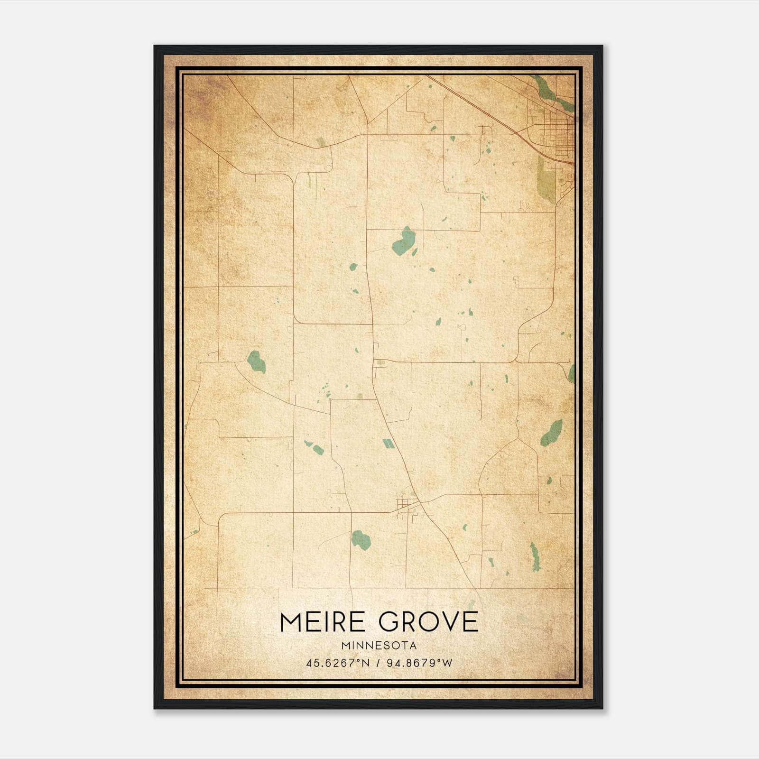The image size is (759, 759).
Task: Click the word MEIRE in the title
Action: click(x=323, y=622)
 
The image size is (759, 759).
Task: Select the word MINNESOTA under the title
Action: click(x=379, y=646)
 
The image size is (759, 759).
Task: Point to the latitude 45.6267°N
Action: click(x=337, y=663)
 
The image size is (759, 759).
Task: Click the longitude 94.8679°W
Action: click(x=420, y=663)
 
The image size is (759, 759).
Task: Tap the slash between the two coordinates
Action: click(x=379, y=663)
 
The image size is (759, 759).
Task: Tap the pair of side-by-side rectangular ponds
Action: click(x=388, y=444)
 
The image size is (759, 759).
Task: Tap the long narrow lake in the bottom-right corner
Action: click(x=535, y=556)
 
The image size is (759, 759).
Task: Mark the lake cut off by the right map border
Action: click(x=572, y=373)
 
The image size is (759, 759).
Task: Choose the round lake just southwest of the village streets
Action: click(x=361, y=540)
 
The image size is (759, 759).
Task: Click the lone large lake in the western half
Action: click(x=256, y=361)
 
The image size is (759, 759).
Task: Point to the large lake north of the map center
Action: click(x=404, y=241)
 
